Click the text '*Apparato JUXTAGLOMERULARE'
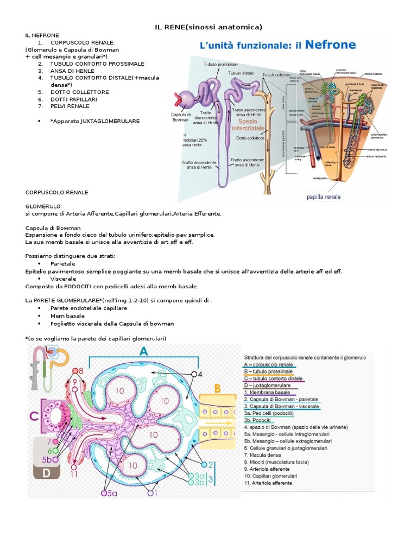click(x=94, y=121)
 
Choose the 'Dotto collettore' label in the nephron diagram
click(x=249, y=138)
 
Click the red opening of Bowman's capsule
click(x=178, y=99)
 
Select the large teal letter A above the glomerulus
click(x=143, y=352)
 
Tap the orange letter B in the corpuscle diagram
click(x=217, y=388)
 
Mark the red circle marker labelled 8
click(x=76, y=371)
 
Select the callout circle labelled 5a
click(x=105, y=494)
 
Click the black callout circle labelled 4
click(x=193, y=374)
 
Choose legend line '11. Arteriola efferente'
click(x=268, y=483)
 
